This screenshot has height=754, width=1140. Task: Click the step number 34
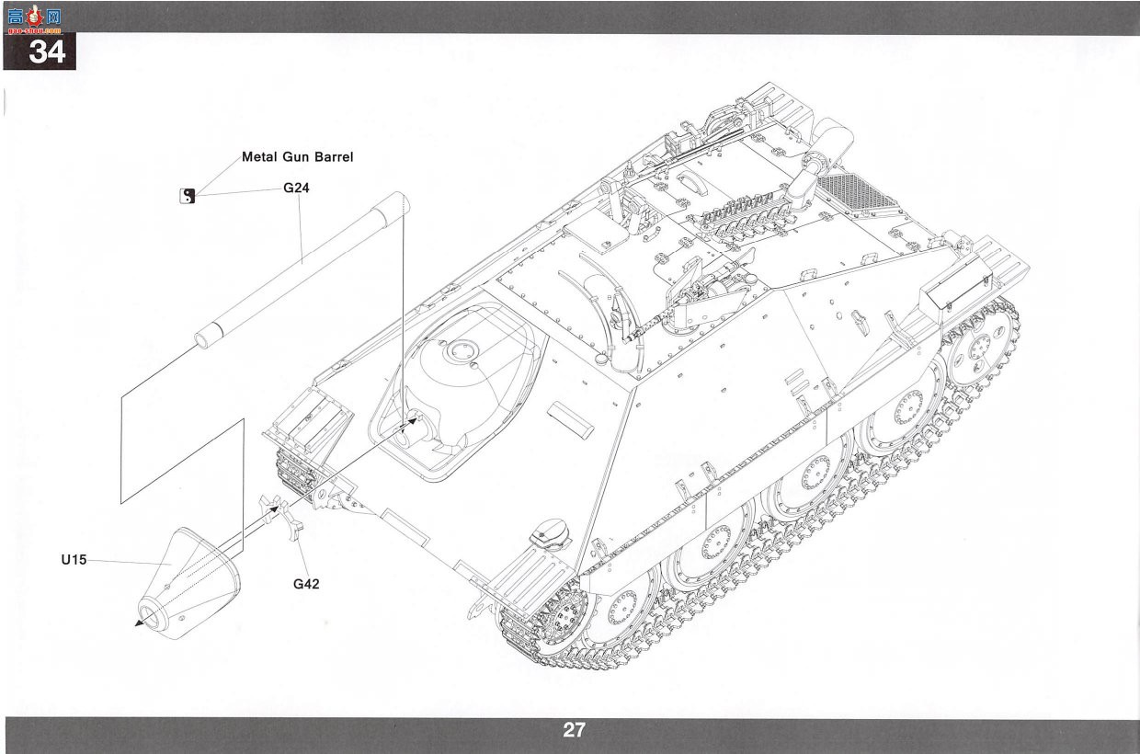click(x=47, y=51)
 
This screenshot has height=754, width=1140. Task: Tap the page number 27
click(x=574, y=730)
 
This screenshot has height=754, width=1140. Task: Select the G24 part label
click(x=296, y=188)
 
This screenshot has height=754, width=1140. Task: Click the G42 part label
click(x=306, y=584)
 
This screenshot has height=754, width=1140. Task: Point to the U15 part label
click(x=74, y=560)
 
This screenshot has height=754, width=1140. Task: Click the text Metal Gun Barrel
click(x=297, y=157)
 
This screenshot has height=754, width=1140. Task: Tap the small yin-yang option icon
click(x=188, y=196)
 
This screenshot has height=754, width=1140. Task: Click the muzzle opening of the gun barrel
click(x=202, y=340)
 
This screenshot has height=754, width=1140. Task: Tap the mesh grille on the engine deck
click(x=855, y=191)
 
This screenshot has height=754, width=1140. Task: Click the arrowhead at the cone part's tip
click(x=139, y=623)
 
